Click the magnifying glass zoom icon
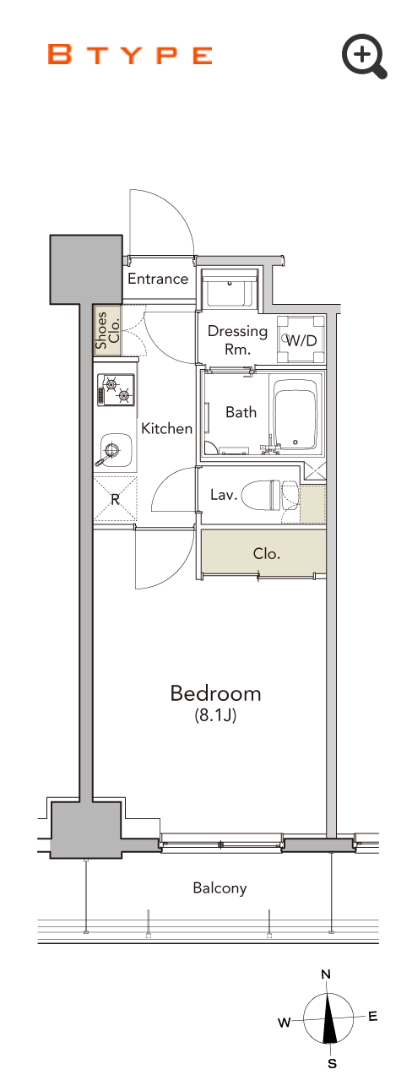[x=364, y=56]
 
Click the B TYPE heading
[x=130, y=55]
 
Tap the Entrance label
[x=158, y=279]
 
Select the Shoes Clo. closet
[x=107, y=331]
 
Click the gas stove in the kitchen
[x=116, y=389]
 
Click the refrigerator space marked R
[x=115, y=499]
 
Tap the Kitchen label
[x=166, y=429]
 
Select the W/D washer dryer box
[x=301, y=339]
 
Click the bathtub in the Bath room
[x=296, y=414]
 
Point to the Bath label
[x=241, y=413]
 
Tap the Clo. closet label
[x=267, y=554]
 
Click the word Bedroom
[x=216, y=693]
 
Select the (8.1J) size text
[x=215, y=715]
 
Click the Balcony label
[x=220, y=887]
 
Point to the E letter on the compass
[x=372, y=1016]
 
